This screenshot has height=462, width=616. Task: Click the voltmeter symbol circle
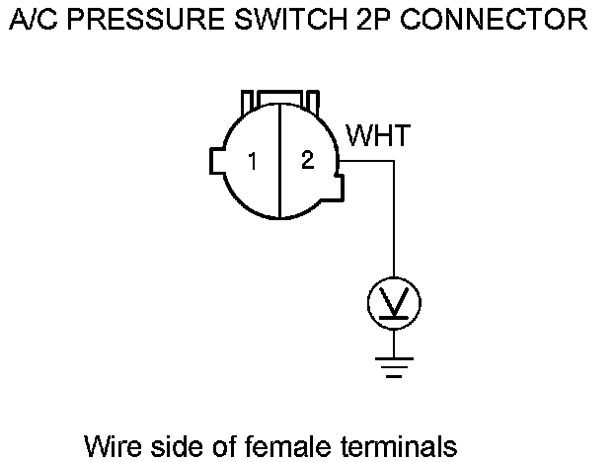[394, 303]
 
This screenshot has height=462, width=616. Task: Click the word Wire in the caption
[111, 445]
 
